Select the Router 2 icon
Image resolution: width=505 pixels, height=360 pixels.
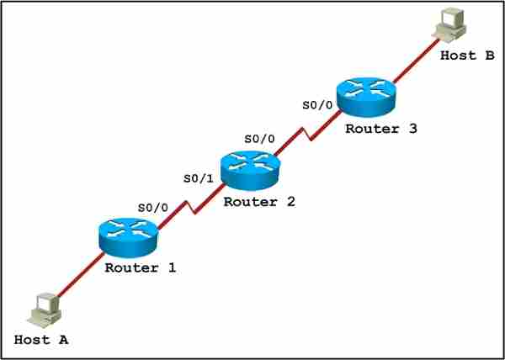pos(250,171)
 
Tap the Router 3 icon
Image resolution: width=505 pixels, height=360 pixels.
pos(365,98)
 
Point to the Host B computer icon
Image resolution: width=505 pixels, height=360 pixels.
pos(451,24)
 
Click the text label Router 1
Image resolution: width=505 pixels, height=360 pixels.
pos(141,268)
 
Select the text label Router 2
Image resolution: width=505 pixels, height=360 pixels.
pos(259,202)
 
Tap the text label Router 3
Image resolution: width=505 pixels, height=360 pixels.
pos(381,129)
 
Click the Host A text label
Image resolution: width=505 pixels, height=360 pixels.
pos(41,341)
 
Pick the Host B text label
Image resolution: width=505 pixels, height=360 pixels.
pos(467,56)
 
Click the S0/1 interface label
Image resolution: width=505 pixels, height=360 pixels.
pos(199,179)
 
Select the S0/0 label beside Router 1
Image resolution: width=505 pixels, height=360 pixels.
pos(153,208)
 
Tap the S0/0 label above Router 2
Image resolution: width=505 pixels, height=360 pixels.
pos(259,139)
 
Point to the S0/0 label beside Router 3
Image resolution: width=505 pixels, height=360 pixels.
pos(317,105)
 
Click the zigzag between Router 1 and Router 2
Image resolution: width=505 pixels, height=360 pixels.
pos(191,208)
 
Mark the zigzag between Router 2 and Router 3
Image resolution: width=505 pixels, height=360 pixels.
pos(307,134)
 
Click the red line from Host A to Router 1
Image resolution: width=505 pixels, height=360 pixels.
pos(81,274)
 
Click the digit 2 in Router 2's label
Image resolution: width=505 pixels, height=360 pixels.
pos(290,202)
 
